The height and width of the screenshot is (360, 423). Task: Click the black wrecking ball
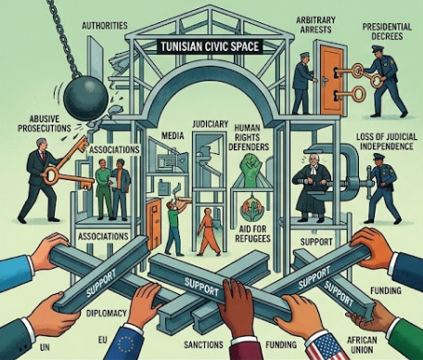pos(86,96)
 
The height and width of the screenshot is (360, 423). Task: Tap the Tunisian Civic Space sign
pos(210,46)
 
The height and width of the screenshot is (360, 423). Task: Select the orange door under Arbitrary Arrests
pos(332,79)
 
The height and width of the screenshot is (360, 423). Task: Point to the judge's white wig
pos(314,160)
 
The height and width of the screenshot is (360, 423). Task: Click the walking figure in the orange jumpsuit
pos(209,231)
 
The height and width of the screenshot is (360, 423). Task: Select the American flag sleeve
pos(325,346)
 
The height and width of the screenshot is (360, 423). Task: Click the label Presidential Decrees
pos(387,32)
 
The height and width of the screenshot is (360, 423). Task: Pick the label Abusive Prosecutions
pos(44,123)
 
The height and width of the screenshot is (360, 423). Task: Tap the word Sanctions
pos(203,344)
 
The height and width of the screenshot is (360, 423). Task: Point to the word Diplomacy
pos(107,314)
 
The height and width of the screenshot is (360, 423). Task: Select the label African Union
pos(362,345)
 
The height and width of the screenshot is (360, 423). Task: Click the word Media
pos(173,135)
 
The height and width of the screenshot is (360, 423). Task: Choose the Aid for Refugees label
pos(252,234)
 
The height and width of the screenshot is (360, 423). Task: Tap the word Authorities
pos(105,25)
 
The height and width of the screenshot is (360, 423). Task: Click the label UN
pos(45,347)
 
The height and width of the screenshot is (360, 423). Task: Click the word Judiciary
pos(211,124)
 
